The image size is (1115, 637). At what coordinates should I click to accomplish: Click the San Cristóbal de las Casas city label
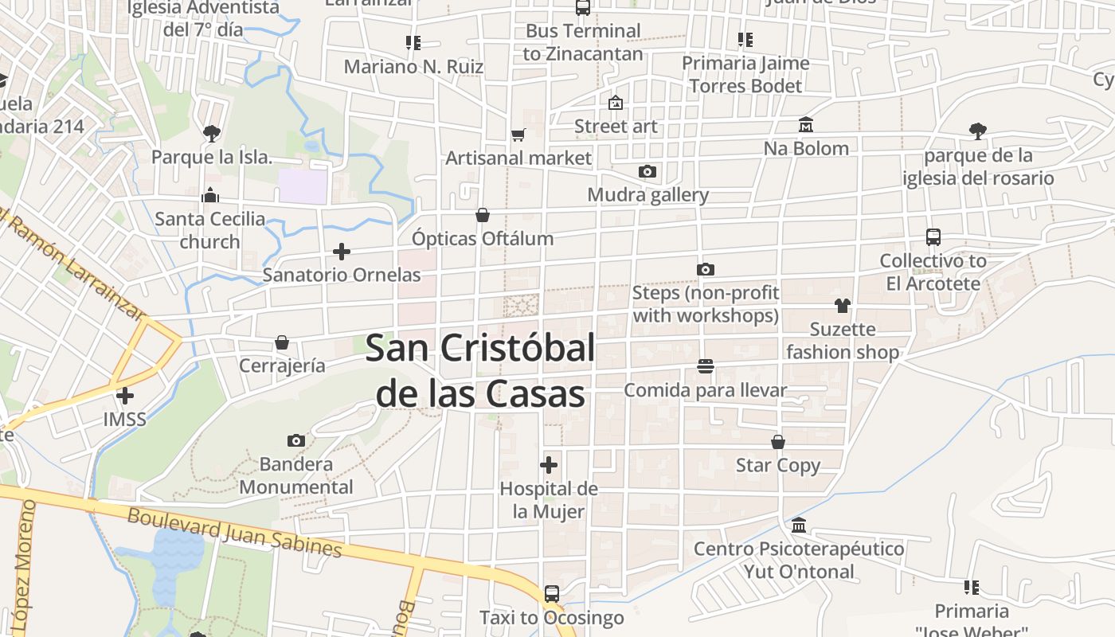[481, 370]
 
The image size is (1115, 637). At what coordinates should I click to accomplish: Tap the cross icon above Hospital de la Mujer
[549, 465]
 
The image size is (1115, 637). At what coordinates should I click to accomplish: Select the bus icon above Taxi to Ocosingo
[551, 593]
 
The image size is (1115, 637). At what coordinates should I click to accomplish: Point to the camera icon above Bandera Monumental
[296, 440]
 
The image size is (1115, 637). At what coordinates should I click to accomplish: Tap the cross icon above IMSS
[125, 396]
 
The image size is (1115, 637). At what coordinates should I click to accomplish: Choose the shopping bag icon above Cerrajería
[282, 342]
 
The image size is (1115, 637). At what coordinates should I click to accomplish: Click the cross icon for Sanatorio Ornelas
[342, 252]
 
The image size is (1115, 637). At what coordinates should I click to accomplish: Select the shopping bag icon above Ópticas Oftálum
[483, 215]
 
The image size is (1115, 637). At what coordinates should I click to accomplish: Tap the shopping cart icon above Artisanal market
[518, 135]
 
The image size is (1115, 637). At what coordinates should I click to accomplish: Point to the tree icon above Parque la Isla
[212, 133]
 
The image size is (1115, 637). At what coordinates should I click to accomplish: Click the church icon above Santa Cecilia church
[210, 195]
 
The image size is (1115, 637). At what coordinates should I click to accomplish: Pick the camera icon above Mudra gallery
[647, 171]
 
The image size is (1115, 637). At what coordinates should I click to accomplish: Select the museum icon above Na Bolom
[806, 125]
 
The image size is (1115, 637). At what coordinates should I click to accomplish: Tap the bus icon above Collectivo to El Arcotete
[933, 237]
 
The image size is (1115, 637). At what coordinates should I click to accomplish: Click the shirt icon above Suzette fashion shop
[843, 306]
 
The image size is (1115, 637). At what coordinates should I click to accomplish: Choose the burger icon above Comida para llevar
[705, 367]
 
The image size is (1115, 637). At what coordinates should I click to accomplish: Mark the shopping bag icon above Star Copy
[778, 442]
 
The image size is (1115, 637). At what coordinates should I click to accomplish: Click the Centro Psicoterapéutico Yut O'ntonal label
[799, 560]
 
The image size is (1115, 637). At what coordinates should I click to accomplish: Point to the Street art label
[616, 126]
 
